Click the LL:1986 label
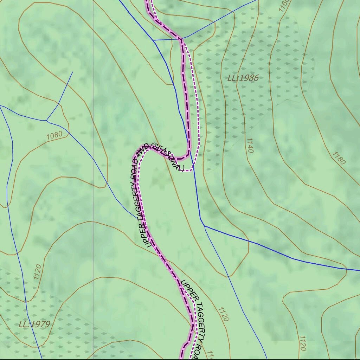click(243, 78)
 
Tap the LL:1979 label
click(34, 324)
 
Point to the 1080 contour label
click(54, 135)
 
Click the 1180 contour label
click(338, 158)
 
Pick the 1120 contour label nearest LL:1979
click(38, 272)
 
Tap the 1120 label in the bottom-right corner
click(302, 343)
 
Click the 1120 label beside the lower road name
click(224, 314)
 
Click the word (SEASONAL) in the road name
click(167, 157)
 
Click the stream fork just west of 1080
click(47, 121)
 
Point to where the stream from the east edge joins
click(205, 226)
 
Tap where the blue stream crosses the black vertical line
click(93, 159)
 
